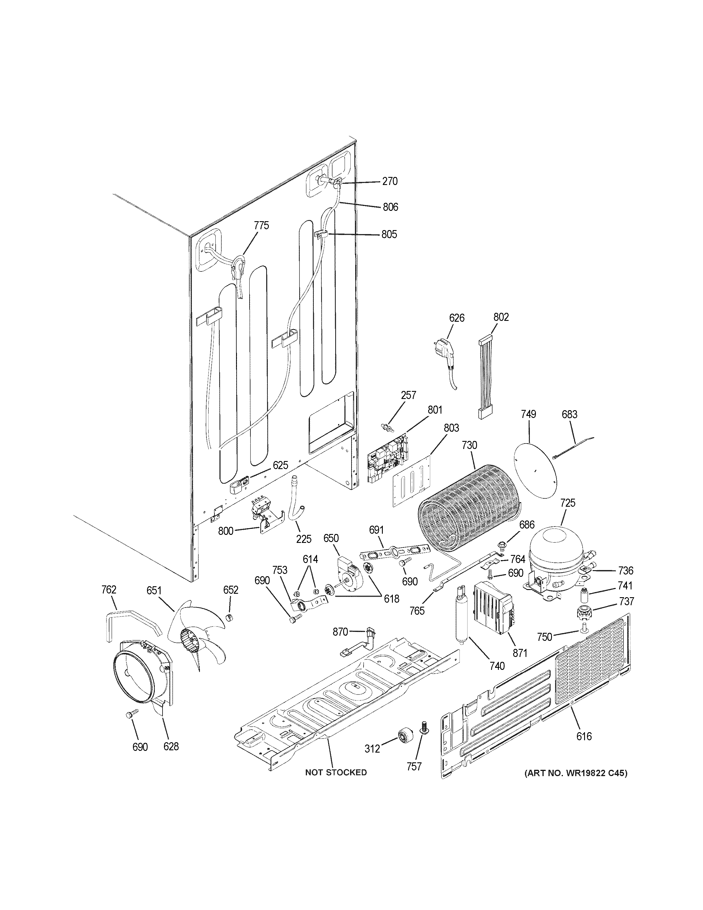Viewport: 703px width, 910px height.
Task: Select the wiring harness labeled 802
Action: (x=485, y=377)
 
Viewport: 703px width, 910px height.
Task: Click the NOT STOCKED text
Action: (x=336, y=772)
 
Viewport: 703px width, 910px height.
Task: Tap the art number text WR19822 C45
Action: (x=575, y=773)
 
